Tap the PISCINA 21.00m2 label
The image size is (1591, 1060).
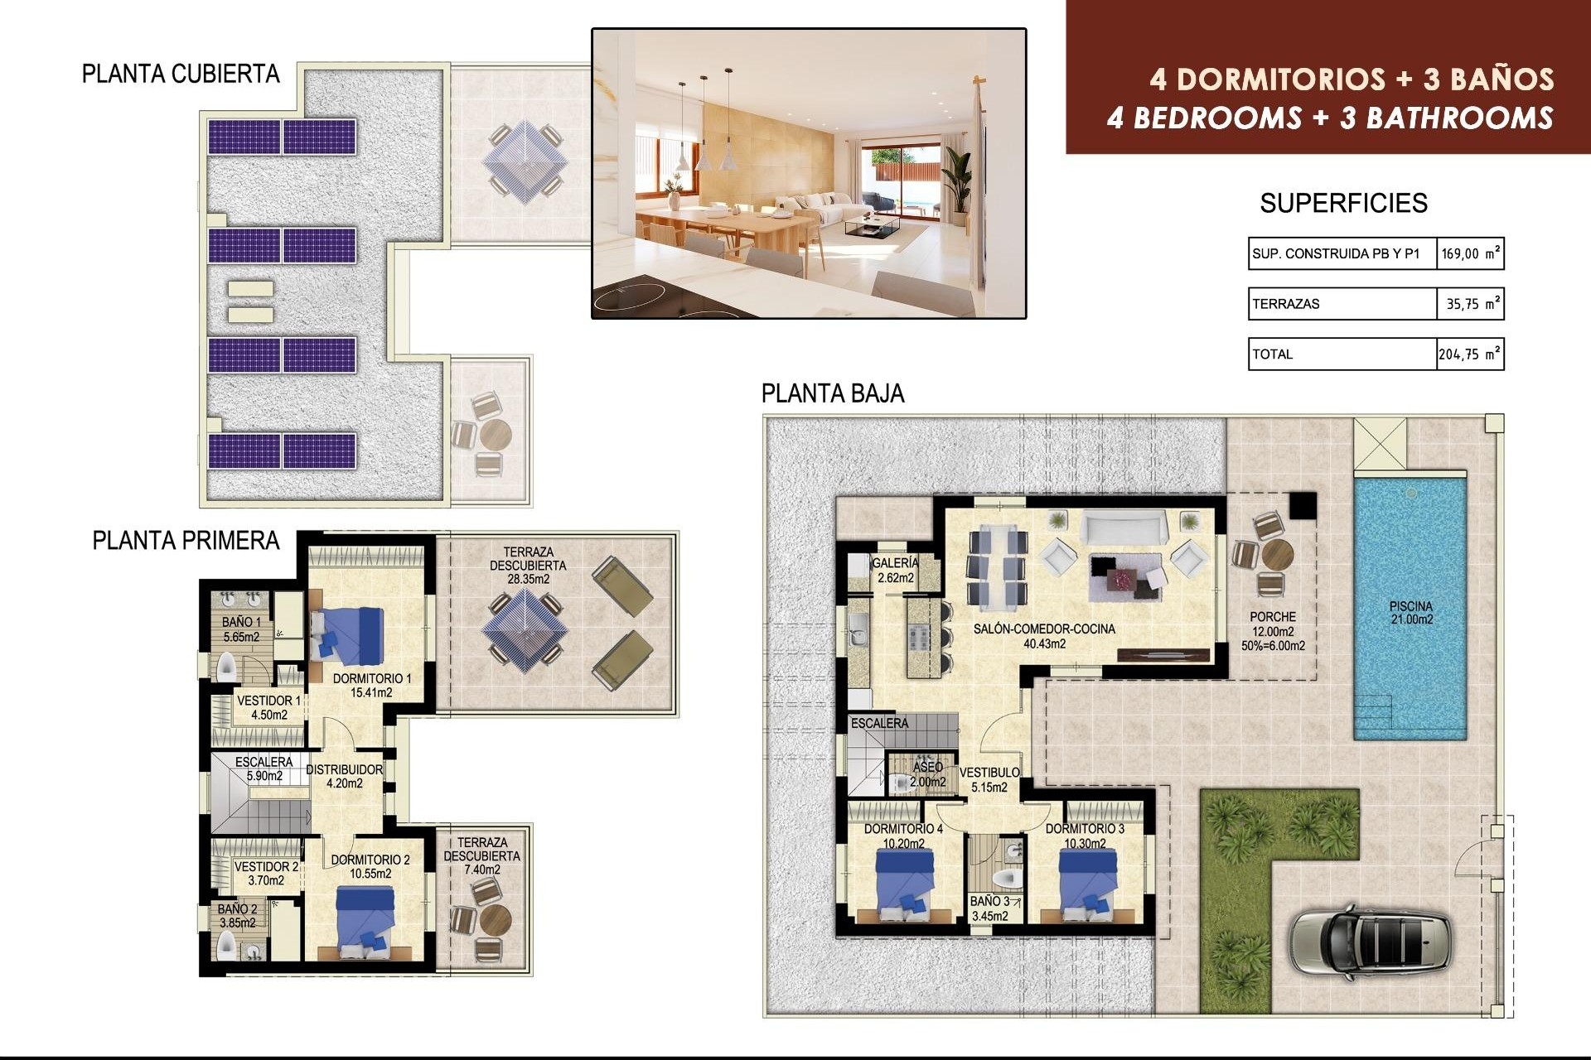(x=1410, y=613)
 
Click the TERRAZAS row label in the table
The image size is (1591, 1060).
(x=1286, y=304)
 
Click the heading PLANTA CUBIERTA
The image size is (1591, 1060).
(x=181, y=74)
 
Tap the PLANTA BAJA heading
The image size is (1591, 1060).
(x=832, y=393)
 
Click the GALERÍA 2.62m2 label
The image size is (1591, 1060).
(x=895, y=570)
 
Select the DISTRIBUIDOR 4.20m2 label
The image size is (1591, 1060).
(x=344, y=776)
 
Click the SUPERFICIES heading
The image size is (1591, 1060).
(x=1343, y=203)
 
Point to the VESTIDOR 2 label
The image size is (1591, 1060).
(x=266, y=873)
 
